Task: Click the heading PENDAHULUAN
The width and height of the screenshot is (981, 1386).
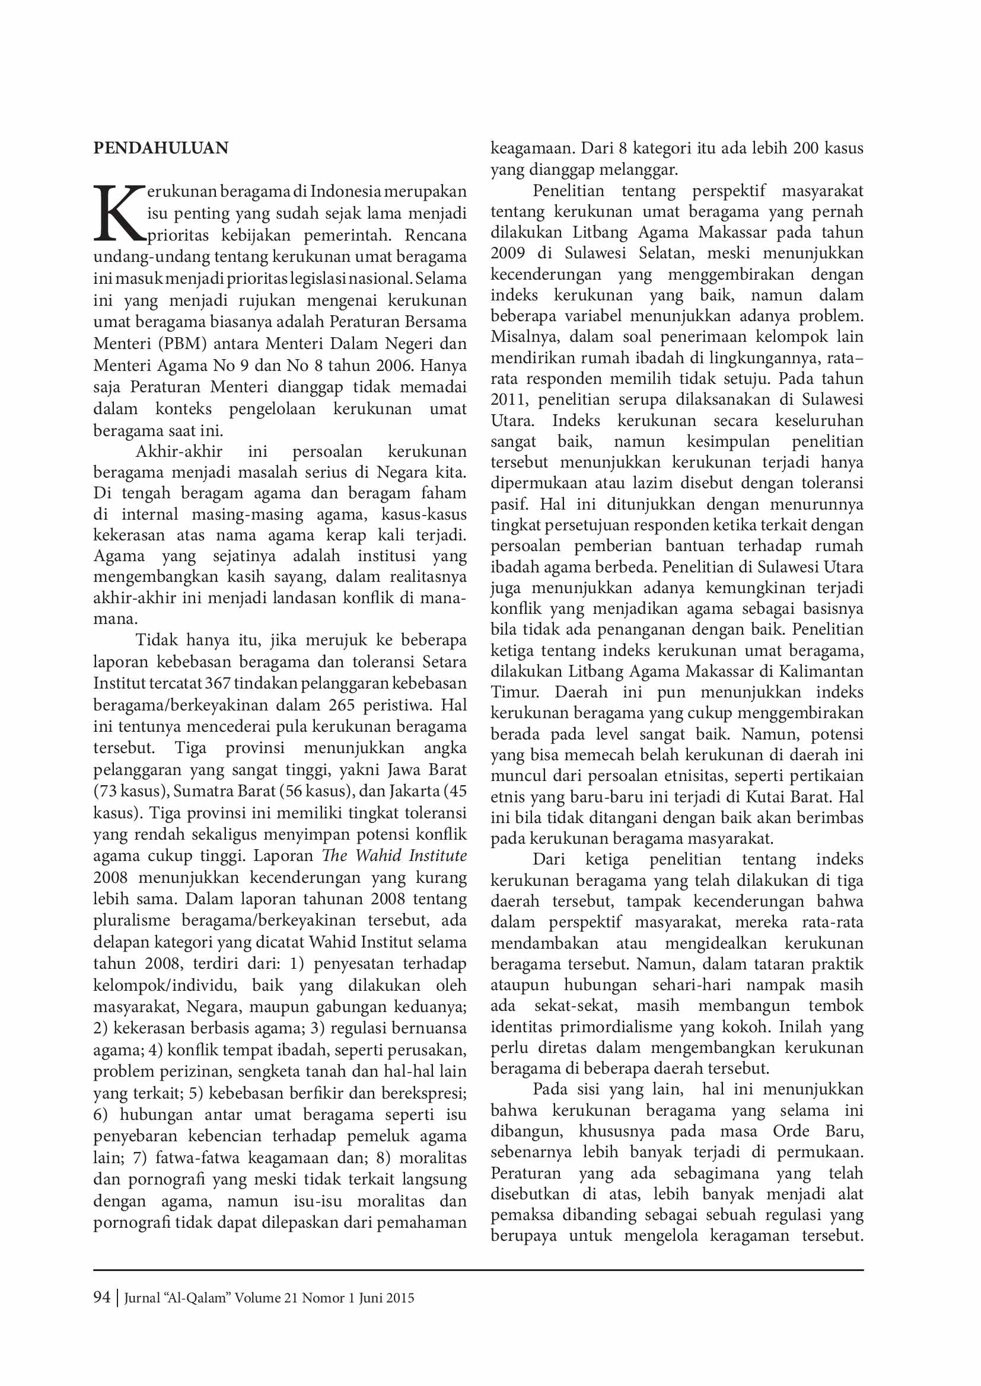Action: point(161,149)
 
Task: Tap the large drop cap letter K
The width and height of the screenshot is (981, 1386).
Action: point(120,213)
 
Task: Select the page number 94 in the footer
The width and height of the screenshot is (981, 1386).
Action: point(101,1297)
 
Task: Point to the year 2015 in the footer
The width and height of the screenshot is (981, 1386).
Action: point(399,1298)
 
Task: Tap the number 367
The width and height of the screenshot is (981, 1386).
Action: point(218,683)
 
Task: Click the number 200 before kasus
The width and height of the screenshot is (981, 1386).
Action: point(806,149)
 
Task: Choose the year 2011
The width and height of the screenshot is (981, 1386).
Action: point(508,399)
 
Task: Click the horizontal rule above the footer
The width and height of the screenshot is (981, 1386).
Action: point(478,1269)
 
